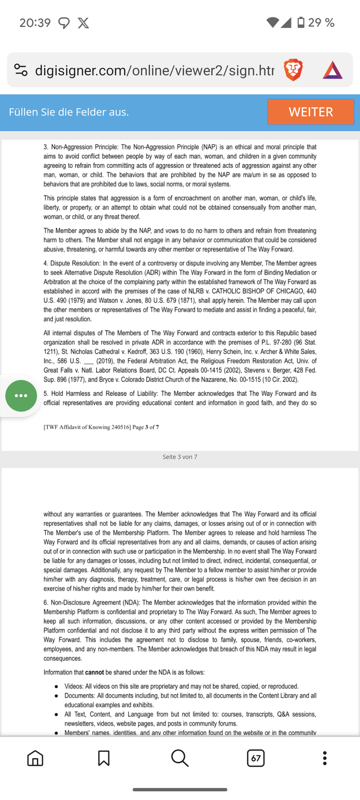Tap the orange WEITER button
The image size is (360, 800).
tap(311, 112)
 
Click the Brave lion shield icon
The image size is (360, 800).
tap(293, 70)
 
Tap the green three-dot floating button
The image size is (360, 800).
tap(21, 396)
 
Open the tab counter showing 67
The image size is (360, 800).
tap(256, 758)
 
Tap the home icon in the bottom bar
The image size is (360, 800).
tap(35, 758)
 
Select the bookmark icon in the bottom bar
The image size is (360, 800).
tap(104, 758)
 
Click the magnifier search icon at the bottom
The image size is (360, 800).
tap(180, 758)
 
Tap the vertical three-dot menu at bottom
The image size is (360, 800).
tap(325, 758)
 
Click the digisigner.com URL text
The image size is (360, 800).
tap(154, 70)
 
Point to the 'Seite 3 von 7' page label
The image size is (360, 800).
tap(180, 457)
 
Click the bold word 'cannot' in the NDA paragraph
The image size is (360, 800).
tap(94, 672)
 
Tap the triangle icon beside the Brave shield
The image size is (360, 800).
tap(332, 70)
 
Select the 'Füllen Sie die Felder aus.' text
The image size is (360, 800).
tap(69, 112)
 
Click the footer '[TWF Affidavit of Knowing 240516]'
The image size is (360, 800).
tap(87, 427)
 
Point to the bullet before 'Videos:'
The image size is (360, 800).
tap(57, 686)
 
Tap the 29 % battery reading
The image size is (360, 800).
tap(321, 23)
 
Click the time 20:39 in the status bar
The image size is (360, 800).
tap(35, 23)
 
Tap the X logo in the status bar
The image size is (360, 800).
tap(83, 23)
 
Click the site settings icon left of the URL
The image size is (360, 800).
tap(21, 70)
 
